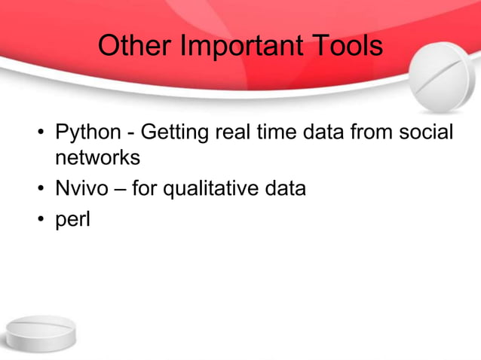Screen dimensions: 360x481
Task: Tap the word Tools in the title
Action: pyautogui.click(x=345, y=47)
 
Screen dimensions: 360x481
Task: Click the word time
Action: pyautogui.click(x=277, y=133)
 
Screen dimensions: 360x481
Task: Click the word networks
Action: pyautogui.click(x=97, y=159)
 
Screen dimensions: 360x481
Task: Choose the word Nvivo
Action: pyautogui.click(x=81, y=188)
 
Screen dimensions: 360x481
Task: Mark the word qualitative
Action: pyautogui.click(x=213, y=188)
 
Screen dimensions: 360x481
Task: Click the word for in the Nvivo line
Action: pyautogui.click(x=146, y=188)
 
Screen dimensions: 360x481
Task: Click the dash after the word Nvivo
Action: pyautogui.click(x=120, y=189)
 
